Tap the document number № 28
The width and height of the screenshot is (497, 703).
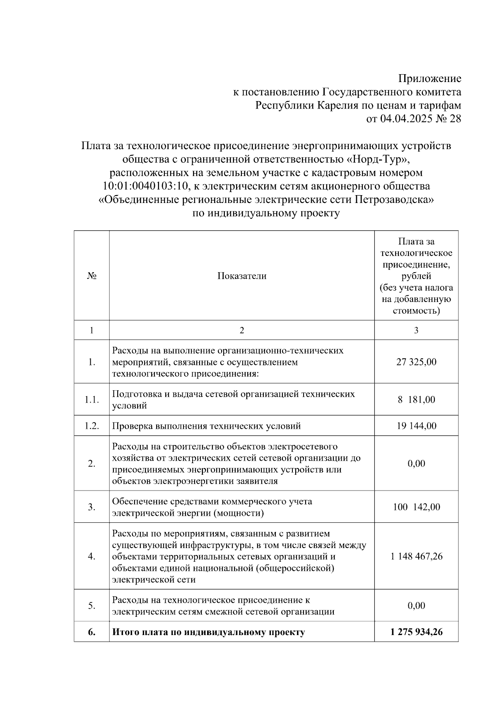coord(448,119)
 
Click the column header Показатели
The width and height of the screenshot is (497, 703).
coord(242,276)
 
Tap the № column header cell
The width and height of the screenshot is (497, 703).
coord(92,276)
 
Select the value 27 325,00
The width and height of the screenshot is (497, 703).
coord(416,362)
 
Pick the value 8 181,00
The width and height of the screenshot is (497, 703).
coord(416,400)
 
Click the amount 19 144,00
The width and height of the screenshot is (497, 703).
coord(416,426)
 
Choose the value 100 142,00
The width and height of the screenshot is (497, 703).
coord(416,507)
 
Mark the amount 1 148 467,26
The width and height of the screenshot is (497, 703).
coord(416,556)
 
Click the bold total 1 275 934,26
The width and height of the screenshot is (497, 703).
coord(416,632)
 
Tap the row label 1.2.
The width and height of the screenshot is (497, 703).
coord(92,426)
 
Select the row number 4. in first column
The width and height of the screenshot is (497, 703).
coord(92,556)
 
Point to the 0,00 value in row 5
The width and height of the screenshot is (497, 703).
coord(416,606)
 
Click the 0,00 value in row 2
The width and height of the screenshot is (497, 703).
coord(416,464)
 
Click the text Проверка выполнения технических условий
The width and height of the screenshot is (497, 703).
coord(206,426)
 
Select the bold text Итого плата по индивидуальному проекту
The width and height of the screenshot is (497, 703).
coord(208,632)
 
